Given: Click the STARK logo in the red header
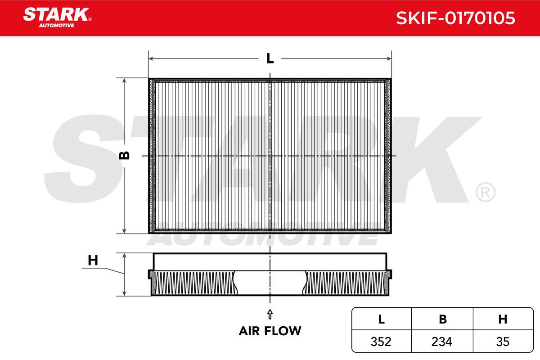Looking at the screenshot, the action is pyautogui.click(x=57, y=18).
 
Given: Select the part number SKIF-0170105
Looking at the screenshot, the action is pyautogui.click(x=455, y=18).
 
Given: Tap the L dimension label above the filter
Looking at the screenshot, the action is pyautogui.click(x=270, y=58).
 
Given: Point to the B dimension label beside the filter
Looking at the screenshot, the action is pyautogui.click(x=124, y=156).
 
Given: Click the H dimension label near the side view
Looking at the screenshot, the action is pyautogui.click(x=93, y=261).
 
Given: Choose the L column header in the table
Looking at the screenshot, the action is pyautogui.click(x=382, y=319).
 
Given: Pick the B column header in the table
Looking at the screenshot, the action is pyautogui.click(x=443, y=319).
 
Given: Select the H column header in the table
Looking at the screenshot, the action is pyautogui.click(x=503, y=319).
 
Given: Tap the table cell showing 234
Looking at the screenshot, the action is pyautogui.click(x=442, y=342).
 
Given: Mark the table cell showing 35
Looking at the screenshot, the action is pyautogui.click(x=503, y=342).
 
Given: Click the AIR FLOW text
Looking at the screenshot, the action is pyautogui.click(x=270, y=331).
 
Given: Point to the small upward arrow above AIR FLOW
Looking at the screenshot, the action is pyautogui.click(x=270, y=314).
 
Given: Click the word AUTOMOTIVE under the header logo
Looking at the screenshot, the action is pyautogui.click(x=57, y=26).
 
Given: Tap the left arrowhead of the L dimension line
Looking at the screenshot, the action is pyautogui.click(x=151, y=58).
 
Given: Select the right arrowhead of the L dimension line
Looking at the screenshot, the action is pyautogui.click(x=389, y=58).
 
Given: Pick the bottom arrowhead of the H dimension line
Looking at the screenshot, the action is pyautogui.click(x=124, y=293).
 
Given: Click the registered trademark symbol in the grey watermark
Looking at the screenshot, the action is pyautogui.click(x=486, y=193).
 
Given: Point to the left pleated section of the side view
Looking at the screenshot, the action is pyautogui.click(x=194, y=283).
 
